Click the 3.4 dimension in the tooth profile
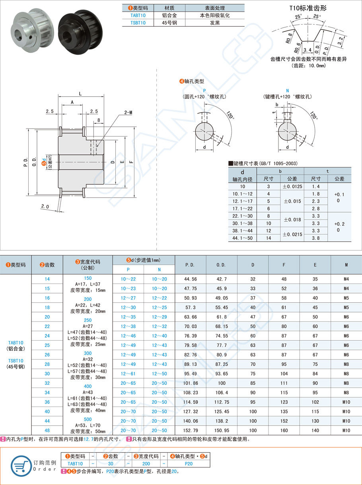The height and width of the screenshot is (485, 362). pos(307,50)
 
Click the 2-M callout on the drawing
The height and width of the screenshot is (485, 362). pos(128,113)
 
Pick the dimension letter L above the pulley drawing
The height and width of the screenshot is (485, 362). pos(80,94)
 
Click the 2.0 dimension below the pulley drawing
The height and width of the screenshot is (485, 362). pos(45,206)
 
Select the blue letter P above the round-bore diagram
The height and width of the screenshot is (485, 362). pos(204,90)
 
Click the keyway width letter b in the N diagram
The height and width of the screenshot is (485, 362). pos(277,104)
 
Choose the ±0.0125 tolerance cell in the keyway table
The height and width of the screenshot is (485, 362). pos(292,186)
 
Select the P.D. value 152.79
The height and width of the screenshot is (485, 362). pos(190,430)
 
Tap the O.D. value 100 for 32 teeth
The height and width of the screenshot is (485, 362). pos(221,384)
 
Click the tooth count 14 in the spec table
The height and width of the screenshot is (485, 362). pos(47,279)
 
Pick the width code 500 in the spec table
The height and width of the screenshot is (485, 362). pos(88,419)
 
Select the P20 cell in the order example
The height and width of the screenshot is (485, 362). pos(189,464)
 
